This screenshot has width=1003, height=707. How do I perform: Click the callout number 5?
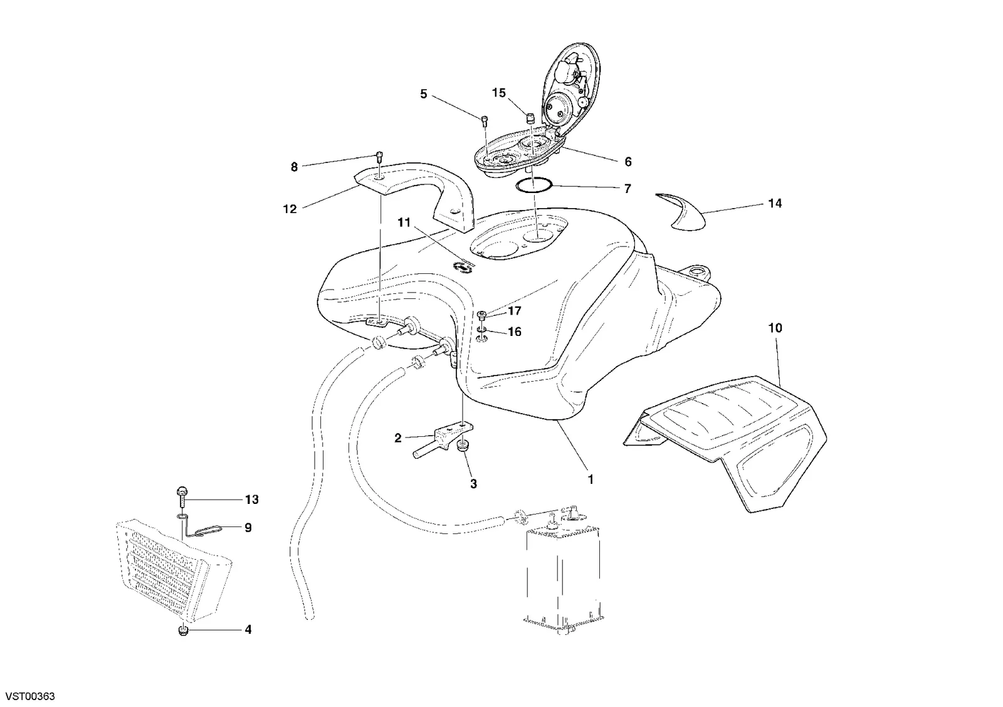(x=424, y=94)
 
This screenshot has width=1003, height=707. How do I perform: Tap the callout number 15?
(x=499, y=93)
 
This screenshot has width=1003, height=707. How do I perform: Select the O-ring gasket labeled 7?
(x=533, y=185)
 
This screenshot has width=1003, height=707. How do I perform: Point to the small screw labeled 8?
(x=380, y=157)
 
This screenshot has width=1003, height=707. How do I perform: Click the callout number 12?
(x=290, y=209)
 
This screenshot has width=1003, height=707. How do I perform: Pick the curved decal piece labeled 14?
(x=681, y=212)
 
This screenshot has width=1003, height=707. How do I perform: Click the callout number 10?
(x=775, y=328)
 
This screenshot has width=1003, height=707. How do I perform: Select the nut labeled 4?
(x=182, y=631)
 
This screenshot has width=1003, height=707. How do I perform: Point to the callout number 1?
(x=591, y=479)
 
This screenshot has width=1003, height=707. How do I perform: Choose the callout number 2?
(x=397, y=438)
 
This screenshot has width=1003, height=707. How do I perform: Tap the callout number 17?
(x=515, y=310)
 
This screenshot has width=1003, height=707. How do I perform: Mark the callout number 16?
(x=515, y=332)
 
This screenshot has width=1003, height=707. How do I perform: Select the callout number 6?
(x=628, y=162)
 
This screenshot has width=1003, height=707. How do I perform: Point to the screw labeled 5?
(x=485, y=120)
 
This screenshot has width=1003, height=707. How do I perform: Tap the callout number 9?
(x=248, y=528)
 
